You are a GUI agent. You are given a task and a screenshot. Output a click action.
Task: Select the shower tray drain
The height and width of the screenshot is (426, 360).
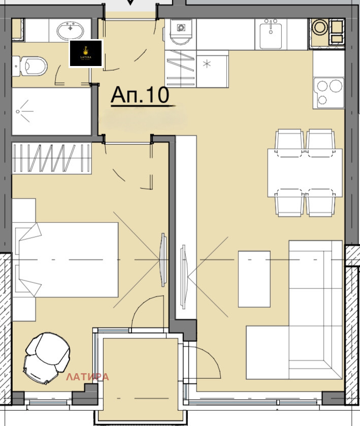pyautogui.click(x=20, y=111)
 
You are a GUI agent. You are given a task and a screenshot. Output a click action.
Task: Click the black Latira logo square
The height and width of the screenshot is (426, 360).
pyautogui.click(x=86, y=53)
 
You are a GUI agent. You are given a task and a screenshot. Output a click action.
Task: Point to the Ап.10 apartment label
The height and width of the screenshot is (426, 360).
pyautogui.click(x=140, y=95)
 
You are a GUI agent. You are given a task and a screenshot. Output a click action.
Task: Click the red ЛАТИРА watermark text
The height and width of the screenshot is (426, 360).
pyautogui.click(x=88, y=377)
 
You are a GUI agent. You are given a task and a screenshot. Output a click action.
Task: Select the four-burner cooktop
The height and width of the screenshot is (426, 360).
pyautogui.click(x=329, y=91)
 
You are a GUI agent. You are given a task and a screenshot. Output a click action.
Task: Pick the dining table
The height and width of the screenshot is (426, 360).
pyautogui.click(x=305, y=173)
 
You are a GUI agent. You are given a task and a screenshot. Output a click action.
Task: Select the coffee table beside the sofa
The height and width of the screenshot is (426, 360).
pyautogui.click(x=254, y=279)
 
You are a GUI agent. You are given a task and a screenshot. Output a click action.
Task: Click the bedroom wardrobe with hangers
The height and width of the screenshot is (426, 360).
pyautogui.click(x=51, y=158)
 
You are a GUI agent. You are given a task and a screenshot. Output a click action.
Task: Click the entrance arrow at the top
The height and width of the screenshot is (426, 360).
pyautogui.click(x=130, y=3)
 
